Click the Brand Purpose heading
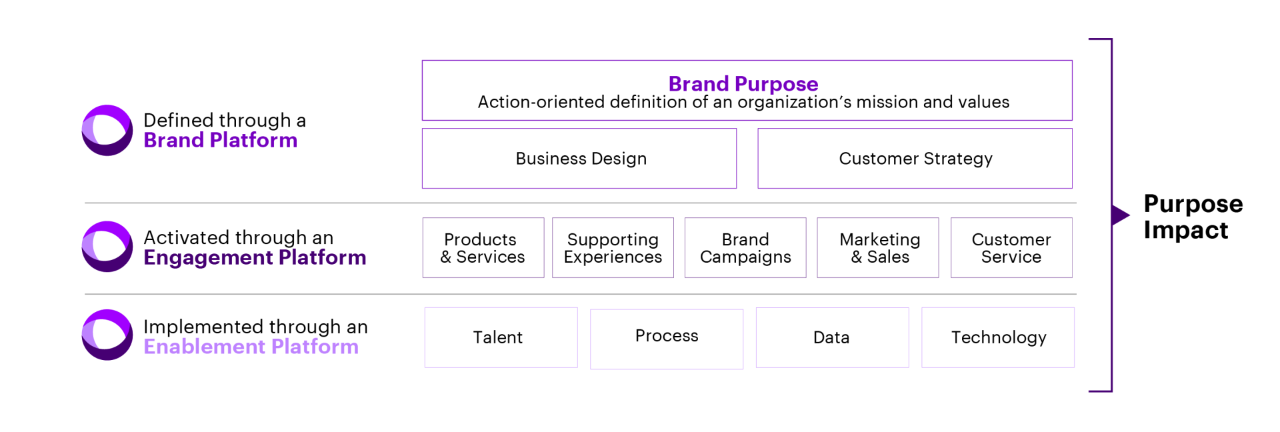pos(743,84)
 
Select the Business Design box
pos(579,159)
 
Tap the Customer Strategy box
pos(915,159)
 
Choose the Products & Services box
pos(483,248)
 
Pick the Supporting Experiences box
pos(613,248)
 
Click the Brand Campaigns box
pos(745,248)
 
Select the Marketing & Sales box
pos(878,248)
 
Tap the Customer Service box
pos(1011,248)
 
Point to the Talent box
pos(501,337)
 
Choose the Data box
pos(832,337)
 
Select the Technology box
pos(998,337)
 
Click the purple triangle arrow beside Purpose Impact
pos(1119,215)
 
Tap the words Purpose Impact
pos(1193,217)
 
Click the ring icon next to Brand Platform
pos(107,131)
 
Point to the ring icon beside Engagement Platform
pos(107,247)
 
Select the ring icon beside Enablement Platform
pos(107,335)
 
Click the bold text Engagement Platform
pos(255,258)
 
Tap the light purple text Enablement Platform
pos(251,347)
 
